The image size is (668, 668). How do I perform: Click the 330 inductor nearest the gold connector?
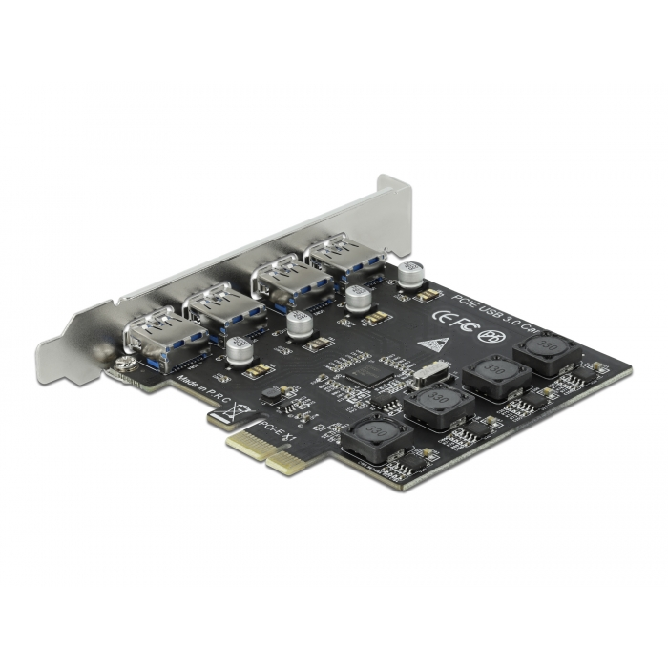point(377,436)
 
